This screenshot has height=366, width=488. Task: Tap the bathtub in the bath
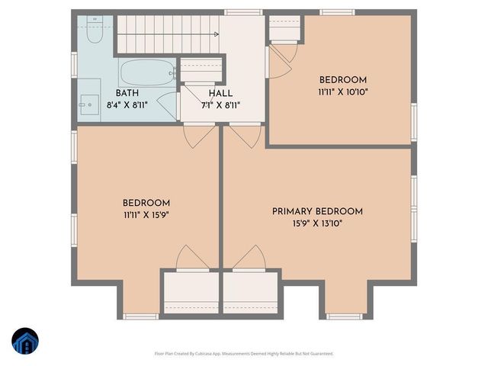[x=147, y=74]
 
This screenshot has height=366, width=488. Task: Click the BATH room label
[x=127, y=92]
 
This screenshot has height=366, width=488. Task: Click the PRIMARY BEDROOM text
[x=317, y=211]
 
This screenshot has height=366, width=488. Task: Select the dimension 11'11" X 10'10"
[x=342, y=91]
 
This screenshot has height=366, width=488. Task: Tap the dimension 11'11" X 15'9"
[x=146, y=214]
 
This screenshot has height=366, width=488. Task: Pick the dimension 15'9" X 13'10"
[x=317, y=223]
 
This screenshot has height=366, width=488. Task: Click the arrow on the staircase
[x=217, y=34]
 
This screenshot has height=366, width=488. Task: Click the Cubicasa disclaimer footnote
[x=245, y=354]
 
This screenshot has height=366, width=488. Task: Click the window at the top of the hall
[x=239, y=12]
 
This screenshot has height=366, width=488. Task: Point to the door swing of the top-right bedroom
[x=281, y=59]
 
